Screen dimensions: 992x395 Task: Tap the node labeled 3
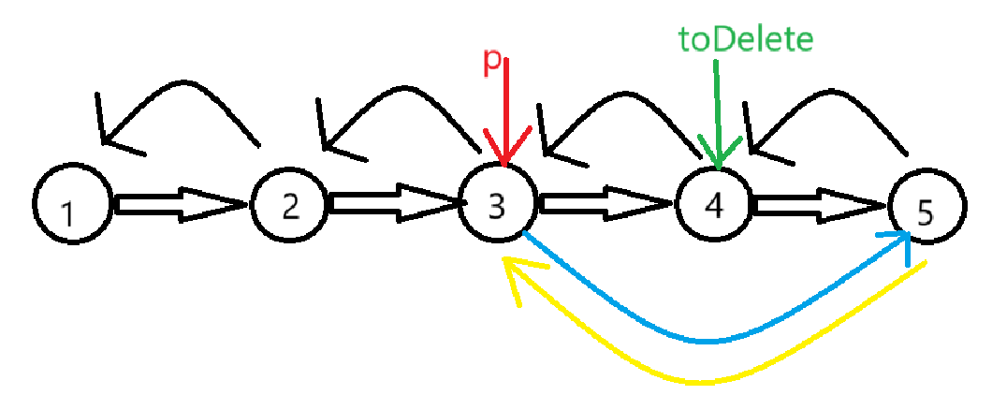tap(499, 204)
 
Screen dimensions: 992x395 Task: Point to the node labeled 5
tap(925, 210)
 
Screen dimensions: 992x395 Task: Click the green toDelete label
tap(745, 39)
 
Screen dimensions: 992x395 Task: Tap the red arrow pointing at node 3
tap(505, 112)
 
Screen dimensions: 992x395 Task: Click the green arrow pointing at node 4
tap(717, 112)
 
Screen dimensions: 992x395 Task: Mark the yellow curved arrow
tap(711, 379)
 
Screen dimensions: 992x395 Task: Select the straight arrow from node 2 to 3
tap(393, 204)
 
